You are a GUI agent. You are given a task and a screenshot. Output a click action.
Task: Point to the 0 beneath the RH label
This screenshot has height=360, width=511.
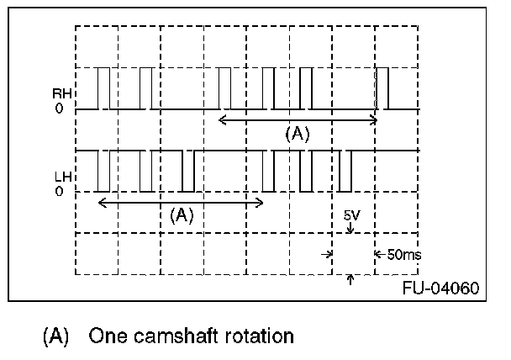pos(59,109)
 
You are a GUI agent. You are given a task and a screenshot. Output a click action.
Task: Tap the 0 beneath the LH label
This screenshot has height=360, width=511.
pos(59,192)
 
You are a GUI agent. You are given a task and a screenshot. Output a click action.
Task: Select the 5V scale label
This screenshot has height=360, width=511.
pos(352,215)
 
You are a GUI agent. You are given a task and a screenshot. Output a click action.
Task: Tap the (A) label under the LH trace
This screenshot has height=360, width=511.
pos(182,214)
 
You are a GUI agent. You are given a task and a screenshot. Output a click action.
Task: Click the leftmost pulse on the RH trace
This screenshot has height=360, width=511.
pos(103,88)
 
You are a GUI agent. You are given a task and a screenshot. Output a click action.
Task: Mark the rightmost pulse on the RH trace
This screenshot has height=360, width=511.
pos(383,88)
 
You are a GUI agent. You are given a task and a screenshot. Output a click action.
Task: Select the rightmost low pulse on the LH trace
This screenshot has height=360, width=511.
pos(345,172)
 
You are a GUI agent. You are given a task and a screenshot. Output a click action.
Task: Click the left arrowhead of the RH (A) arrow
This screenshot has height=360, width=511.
pos(222,119)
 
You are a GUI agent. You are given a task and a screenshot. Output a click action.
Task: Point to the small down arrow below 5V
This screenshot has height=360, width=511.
pos(350,227)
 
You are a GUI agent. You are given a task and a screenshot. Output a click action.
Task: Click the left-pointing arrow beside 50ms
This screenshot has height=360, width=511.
pos(378,253)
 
